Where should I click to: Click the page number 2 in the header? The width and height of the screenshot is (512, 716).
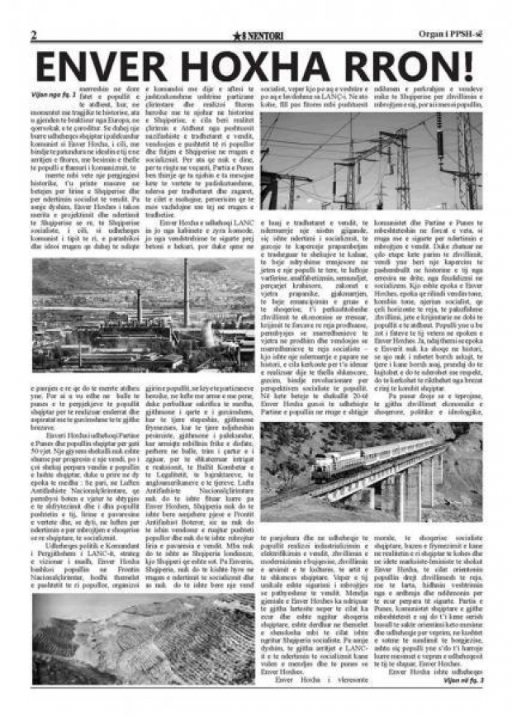tap(34, 36)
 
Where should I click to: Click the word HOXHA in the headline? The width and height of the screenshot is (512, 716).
tap(258, 67)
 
